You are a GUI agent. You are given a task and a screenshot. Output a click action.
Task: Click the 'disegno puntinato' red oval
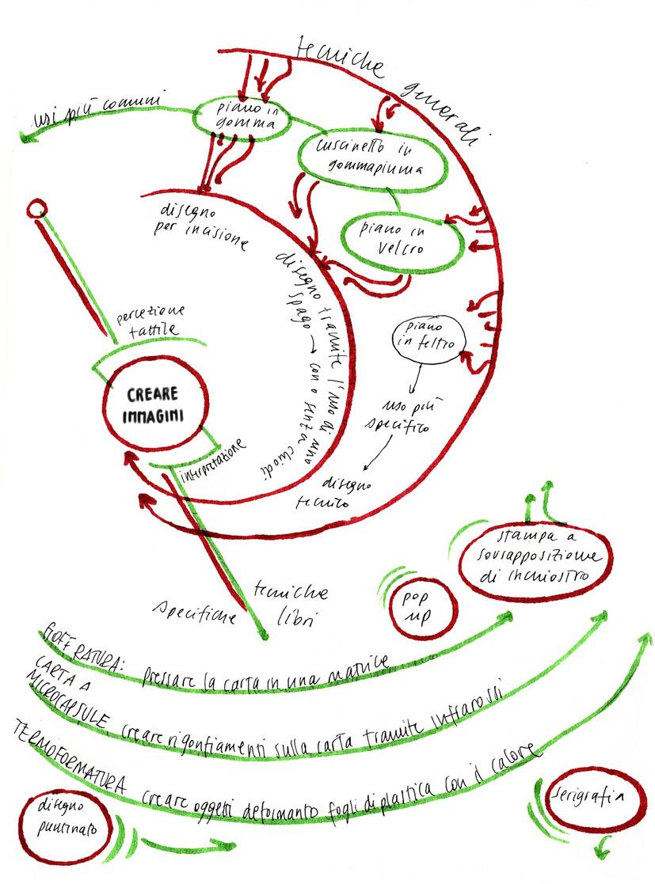pos(68,817)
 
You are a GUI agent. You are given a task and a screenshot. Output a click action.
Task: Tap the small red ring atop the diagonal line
pos(35,210)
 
